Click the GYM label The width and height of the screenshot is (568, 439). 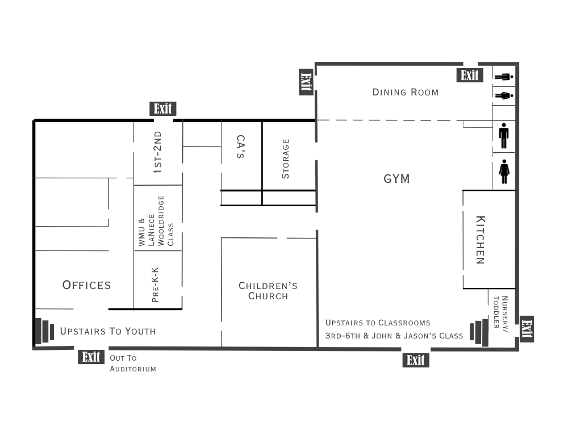tap(396, 178)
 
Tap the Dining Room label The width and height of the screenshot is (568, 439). tap(406, 93)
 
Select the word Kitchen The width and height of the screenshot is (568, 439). tap(481, 240)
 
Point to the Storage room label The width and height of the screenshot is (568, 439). tap(286, 158)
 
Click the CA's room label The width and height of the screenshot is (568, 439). tap(240, 147)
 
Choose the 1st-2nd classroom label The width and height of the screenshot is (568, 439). tap(157, 152)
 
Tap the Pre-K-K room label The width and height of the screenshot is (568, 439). tap(155, 285)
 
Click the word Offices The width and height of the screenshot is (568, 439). tap(86, 285)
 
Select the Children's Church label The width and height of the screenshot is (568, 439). tap(268, 291)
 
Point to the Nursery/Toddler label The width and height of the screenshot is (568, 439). tap(500, 314)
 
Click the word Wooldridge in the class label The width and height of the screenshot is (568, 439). tap(161, 220)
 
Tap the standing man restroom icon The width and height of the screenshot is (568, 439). tap(503, 136)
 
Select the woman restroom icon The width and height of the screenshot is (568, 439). tap(504, 172)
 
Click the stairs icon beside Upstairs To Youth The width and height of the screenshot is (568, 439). tap(44, 331)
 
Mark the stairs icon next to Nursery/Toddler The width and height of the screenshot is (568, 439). tap(479, 332)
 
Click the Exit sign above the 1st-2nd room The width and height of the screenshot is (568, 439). tap(163, 108)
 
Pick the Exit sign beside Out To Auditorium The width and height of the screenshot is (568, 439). tap(91, 357)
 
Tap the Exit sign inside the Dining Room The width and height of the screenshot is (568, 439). tap(470, 76)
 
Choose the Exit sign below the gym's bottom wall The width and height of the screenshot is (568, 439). tap(416, 361)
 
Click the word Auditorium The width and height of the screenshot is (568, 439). tap(133, 369)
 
